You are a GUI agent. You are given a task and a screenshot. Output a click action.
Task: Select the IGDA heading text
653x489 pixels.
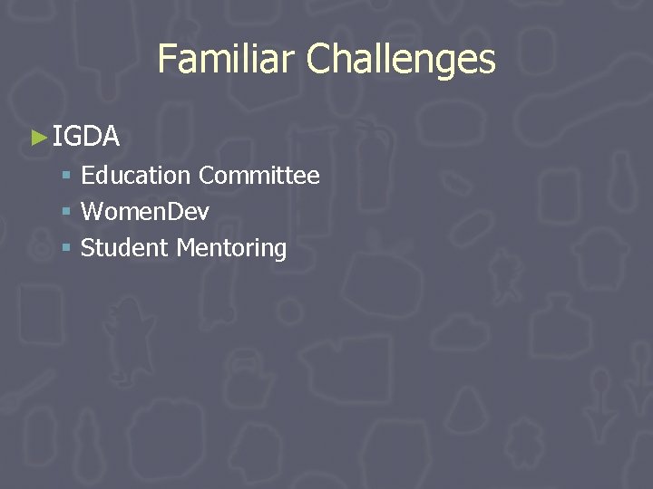(86, 137)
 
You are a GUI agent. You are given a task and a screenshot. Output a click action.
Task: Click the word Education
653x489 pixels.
(135, 175)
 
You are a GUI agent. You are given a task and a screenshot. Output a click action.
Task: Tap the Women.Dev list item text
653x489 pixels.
(145, 212)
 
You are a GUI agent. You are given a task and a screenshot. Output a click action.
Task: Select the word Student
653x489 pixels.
(124, 248)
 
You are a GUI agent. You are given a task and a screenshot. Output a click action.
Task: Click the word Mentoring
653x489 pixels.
(231, 249)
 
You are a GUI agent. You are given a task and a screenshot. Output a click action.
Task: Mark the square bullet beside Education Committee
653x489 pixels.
(66, 176)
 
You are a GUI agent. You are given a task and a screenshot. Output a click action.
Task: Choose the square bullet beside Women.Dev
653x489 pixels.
(66, 213)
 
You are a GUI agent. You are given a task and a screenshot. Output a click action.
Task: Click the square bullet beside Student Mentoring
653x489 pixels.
(66, 249)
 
